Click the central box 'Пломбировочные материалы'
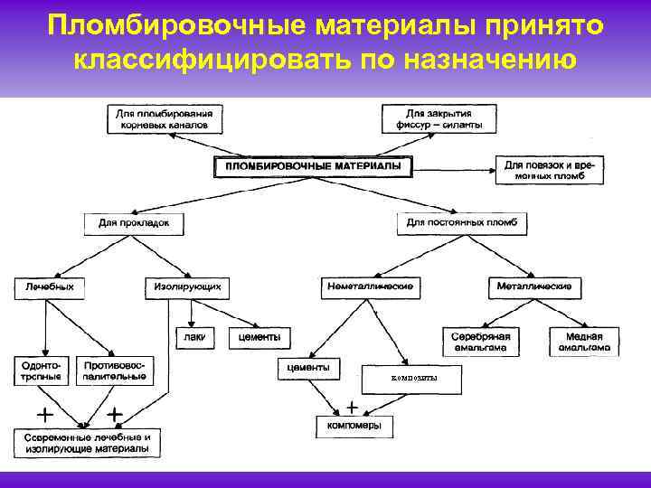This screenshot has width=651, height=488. tap(312, 167)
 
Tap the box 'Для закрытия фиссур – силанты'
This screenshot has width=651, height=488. tap(439, 120)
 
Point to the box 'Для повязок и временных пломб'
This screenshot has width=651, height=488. tap(550, 171)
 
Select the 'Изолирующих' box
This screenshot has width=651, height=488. tap(184, 287)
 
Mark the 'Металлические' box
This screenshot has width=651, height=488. tap(534, 287)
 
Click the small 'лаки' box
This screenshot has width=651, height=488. tap(193, 338)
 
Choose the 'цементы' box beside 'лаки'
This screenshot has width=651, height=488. tap(259, 338)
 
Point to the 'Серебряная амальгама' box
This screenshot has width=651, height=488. tap(480, 342)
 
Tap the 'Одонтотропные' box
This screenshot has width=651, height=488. tap(38, 370)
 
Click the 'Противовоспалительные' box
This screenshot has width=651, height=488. tap(113, 370)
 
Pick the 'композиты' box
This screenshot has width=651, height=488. tap(410, 378)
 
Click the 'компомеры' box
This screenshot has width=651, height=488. tap(348, 425)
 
